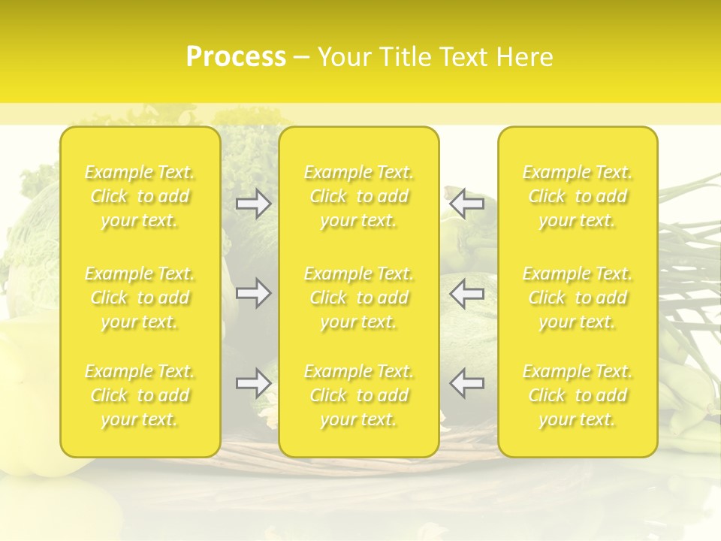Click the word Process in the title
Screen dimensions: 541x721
pos(236,57)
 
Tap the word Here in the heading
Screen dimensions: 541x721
pos(526,57)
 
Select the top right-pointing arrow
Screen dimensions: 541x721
pos(254,204)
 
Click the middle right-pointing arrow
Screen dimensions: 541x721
pos(254,293)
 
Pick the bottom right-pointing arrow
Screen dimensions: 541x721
pos(254,383)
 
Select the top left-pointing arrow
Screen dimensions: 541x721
pos(466,204)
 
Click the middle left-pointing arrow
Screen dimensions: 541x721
pos(466,293)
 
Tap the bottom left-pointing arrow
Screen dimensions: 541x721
pos(466,383)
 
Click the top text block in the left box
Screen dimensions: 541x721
pos(140,196)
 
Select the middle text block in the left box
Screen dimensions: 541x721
pos(140,298)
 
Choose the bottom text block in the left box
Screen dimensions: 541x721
pos(140,395)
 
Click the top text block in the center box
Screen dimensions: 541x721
pos(359,196)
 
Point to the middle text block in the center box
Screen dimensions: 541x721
pos(359,298)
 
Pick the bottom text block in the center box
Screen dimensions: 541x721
pos(359,395)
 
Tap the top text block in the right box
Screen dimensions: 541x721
pos(578,196)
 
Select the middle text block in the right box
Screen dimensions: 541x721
pos(578,298)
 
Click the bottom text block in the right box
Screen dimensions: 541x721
pos(578,395)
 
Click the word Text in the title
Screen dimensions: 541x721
pos(464,57)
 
